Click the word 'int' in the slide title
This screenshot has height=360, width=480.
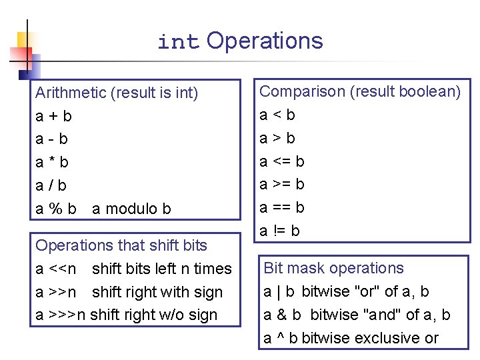[178, 43]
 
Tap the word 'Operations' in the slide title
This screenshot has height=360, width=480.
[265, 41]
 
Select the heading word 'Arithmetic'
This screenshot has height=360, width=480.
[71, 93]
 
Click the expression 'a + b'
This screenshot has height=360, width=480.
[53, 116]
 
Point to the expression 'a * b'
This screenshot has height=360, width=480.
[52, 162]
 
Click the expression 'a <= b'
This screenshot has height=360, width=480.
[282, 161]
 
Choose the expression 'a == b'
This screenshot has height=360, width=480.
[282, 207]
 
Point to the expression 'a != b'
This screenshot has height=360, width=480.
[280, 231]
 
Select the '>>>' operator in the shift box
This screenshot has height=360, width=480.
[63, 315]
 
